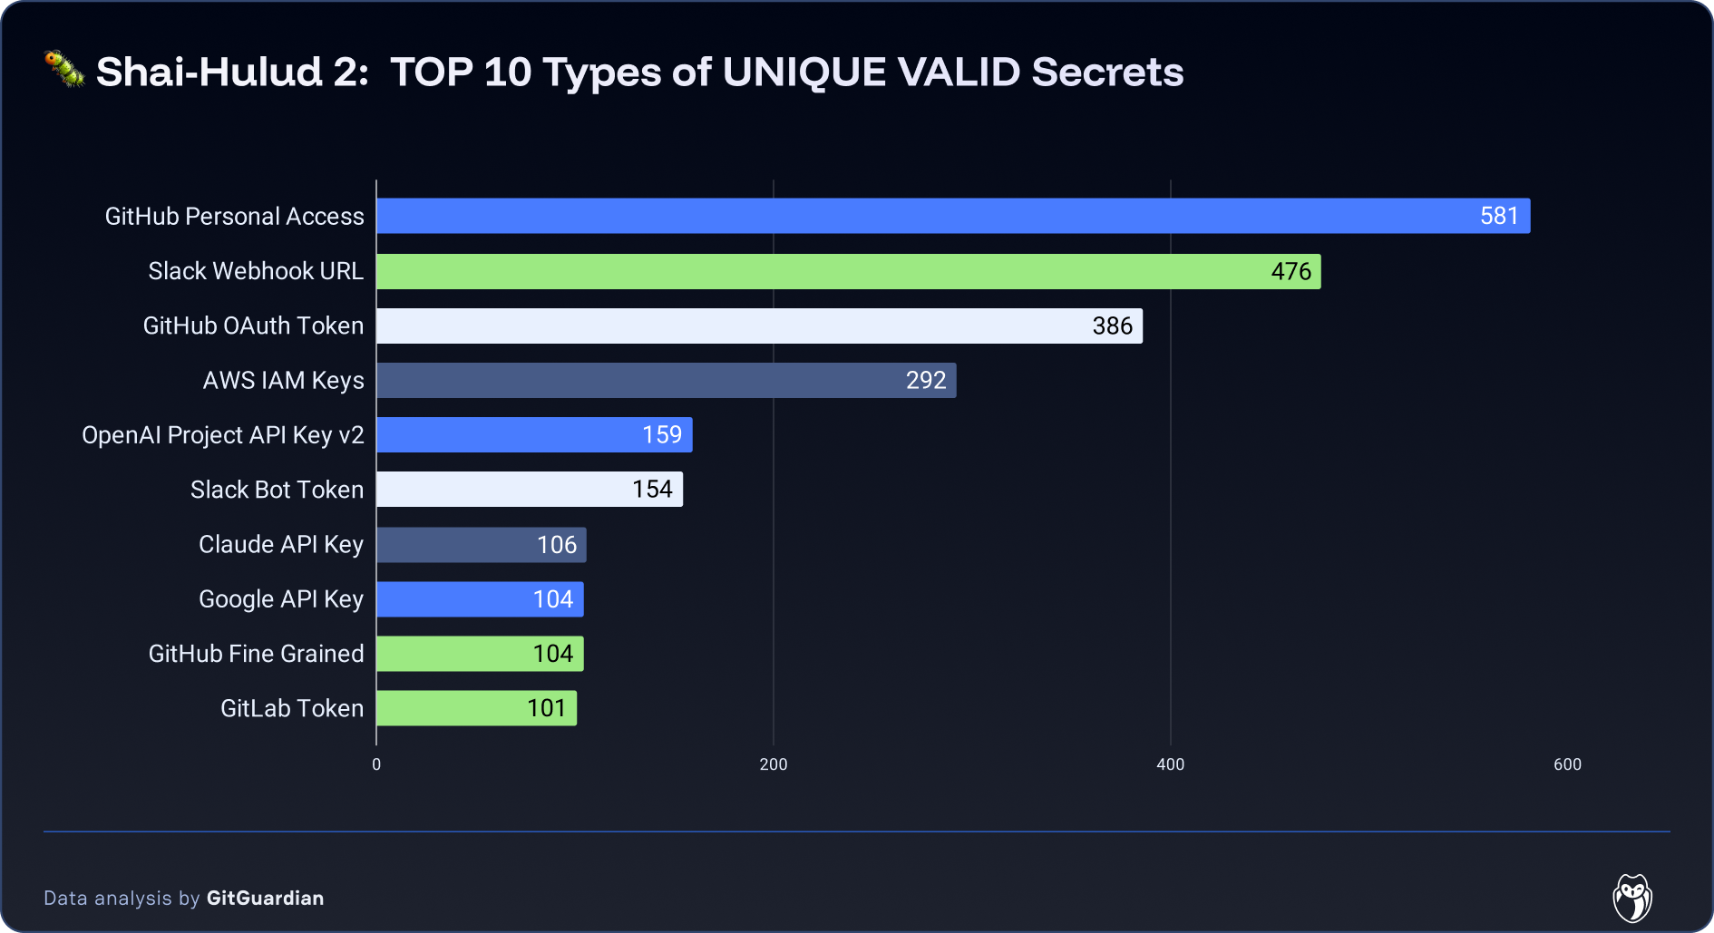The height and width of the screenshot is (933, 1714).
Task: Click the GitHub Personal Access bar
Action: (x=952, y=216)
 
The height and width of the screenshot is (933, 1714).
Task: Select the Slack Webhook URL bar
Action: (x=848, y=271)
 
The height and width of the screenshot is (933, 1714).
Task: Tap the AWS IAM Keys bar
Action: (x=666, y=380)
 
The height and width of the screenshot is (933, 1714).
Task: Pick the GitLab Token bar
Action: (x=476, y=708)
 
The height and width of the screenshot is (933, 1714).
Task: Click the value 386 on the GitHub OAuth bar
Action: (x=1112, y=326)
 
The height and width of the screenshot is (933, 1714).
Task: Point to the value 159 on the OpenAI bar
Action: (x=662, y=434)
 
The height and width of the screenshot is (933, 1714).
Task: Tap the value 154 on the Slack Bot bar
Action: (x=652, y=490)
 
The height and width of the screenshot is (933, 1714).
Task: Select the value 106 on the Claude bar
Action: (x=557, y=545)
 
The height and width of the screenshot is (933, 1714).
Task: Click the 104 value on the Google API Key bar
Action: (x=553, y=599)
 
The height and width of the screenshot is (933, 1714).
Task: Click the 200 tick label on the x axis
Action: (x=774, y=764)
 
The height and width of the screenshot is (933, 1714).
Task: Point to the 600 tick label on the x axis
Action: (x=1567, y=764)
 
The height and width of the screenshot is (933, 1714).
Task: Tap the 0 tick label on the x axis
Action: (x=376, y=764)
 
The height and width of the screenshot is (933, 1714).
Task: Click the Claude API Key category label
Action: (x=281, y=545)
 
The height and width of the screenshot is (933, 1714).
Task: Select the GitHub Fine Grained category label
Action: (x=256, y=654)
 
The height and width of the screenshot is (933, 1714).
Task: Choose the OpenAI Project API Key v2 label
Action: (x=223, y=435)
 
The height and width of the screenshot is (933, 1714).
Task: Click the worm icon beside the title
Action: (x=64, y=69)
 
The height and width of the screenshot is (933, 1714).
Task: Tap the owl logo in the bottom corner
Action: (x=1632, y=898)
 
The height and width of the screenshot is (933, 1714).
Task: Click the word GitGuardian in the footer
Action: (x=265, y=898)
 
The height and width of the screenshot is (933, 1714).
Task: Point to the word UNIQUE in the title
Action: (x=803, y=73)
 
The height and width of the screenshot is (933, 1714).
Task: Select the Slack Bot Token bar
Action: (x=530, y=490)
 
